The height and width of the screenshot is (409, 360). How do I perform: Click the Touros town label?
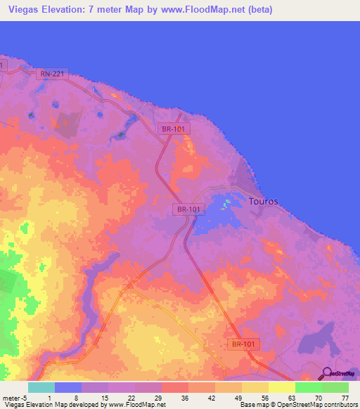(x=264, y=202)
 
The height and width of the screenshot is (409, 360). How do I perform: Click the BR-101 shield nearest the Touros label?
(x=188, y=209)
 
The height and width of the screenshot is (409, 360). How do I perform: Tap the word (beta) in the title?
(x=257, y=10)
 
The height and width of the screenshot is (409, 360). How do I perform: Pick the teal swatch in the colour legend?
(x=41, y=387)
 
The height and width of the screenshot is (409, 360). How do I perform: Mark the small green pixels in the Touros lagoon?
(x=226, y=205)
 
